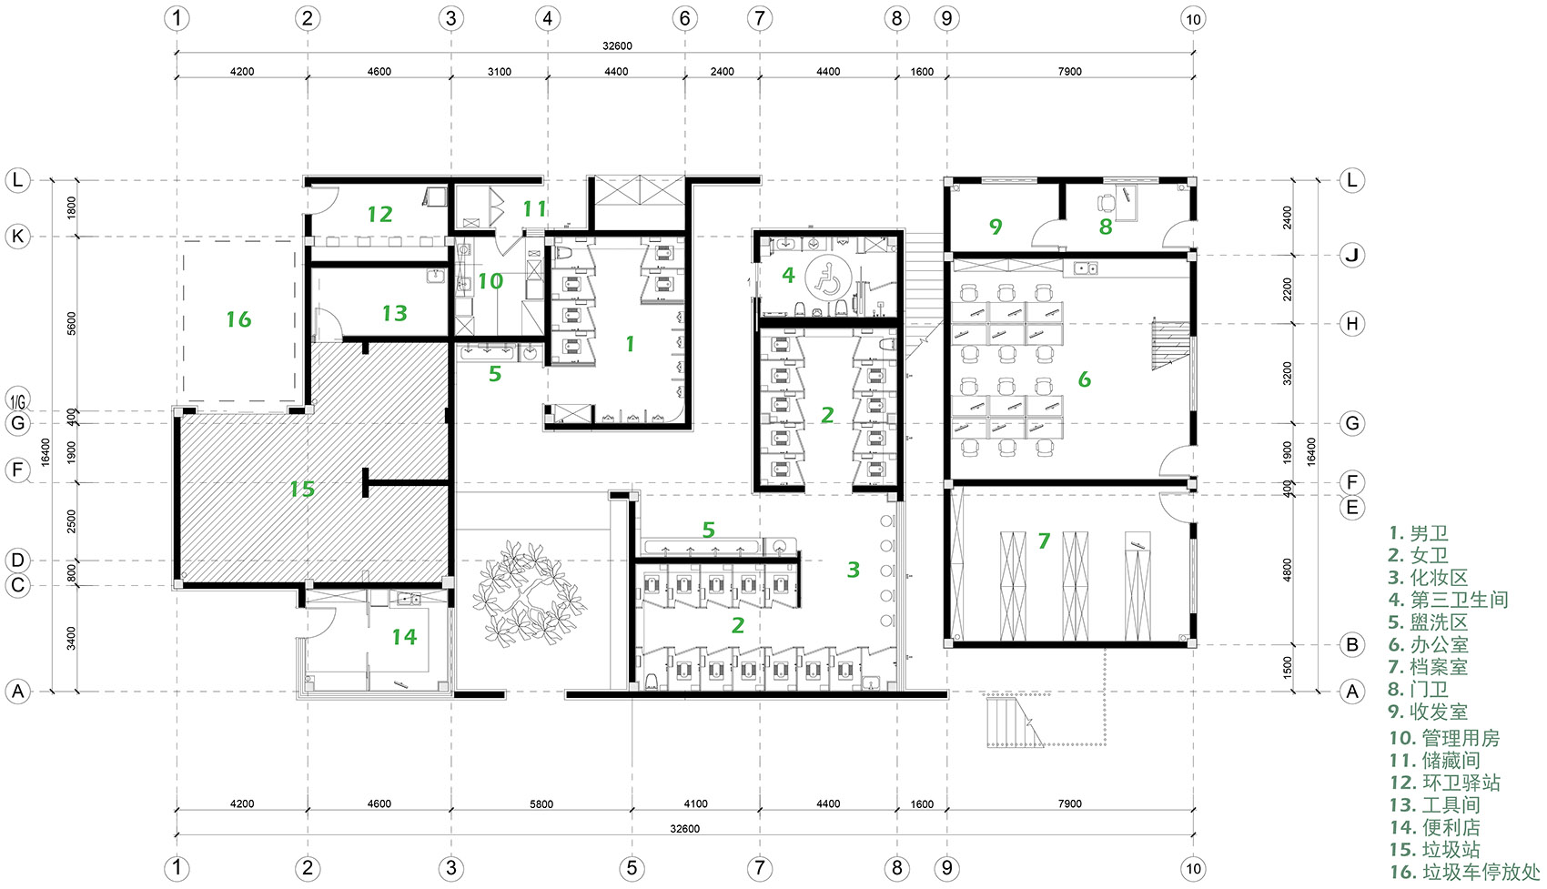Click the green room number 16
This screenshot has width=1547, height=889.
(239, 319)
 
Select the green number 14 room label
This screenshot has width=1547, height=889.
(404, 636)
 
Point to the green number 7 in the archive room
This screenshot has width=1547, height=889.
(1044, 540)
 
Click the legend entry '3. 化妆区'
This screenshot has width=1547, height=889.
(1428, 578)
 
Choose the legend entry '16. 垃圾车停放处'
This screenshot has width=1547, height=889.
(1465, 872)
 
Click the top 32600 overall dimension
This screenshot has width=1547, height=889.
(617, 45)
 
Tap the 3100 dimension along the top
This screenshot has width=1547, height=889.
(500, 71)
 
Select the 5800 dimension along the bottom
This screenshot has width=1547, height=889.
(541, 804)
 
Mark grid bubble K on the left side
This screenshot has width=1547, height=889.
(18, 237)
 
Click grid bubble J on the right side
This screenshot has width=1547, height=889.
(1351, 256)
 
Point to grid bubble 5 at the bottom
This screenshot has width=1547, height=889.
(632, 868)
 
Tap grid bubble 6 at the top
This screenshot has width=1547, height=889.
(684, 18)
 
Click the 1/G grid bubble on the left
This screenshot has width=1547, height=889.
(18, 399)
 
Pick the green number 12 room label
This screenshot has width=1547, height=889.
(379, 214)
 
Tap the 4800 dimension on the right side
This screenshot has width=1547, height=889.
(1287, 570)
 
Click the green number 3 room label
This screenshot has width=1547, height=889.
(854, 570)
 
